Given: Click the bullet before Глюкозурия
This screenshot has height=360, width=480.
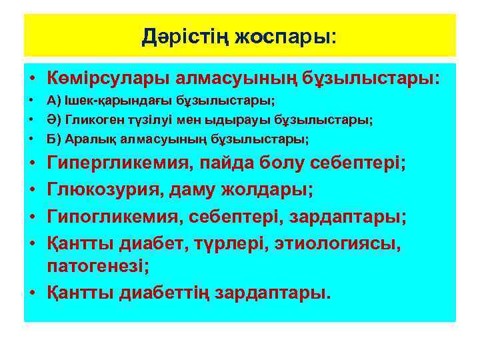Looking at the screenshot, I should coord(33,191).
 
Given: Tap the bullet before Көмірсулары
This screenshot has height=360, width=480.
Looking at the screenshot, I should coord(33,79).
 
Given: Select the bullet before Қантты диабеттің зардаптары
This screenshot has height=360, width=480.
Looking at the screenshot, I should coord(33,293).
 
